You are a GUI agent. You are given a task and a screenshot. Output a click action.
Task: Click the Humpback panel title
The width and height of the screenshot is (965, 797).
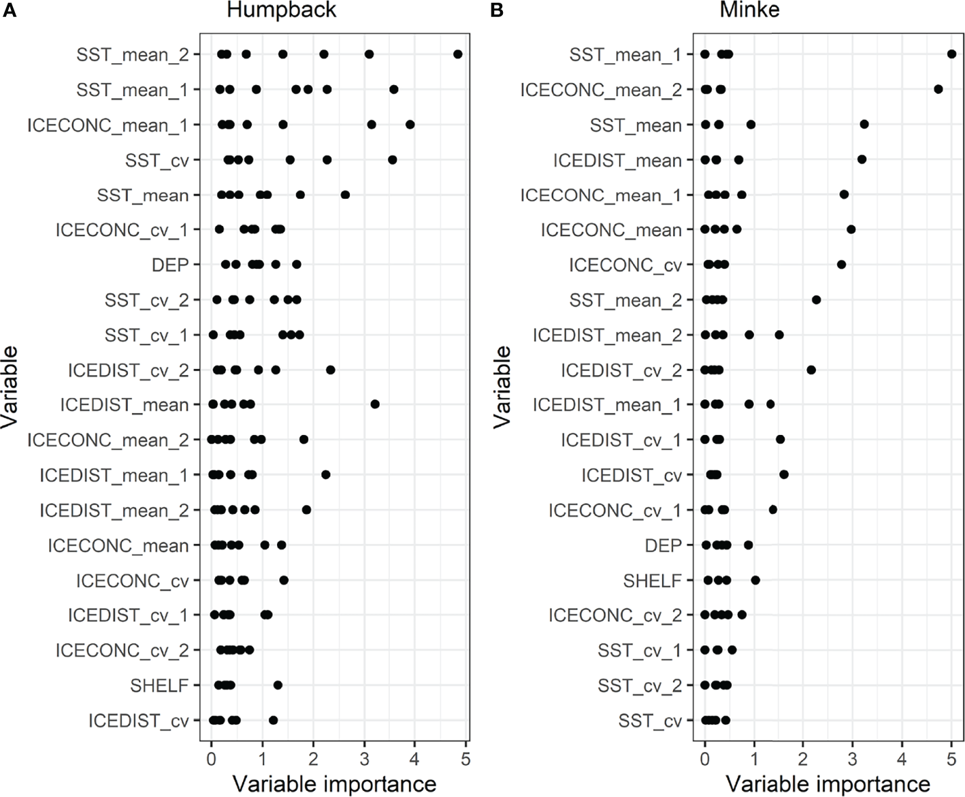281,11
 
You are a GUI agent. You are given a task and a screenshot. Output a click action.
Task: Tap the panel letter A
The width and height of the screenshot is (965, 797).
9,10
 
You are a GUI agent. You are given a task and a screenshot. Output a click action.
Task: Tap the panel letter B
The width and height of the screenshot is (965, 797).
497,10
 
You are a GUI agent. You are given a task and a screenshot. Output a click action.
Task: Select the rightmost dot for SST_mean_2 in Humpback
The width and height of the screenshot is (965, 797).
458,54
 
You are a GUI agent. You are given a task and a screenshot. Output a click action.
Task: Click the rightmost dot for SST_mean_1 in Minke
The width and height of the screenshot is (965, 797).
951,54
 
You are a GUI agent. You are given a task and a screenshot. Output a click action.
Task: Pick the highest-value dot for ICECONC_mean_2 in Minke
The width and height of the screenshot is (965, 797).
938,89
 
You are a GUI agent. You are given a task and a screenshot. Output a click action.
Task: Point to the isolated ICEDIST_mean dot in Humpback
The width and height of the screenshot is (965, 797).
375,404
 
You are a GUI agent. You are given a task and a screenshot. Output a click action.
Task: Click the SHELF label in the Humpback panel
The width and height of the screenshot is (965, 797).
159,685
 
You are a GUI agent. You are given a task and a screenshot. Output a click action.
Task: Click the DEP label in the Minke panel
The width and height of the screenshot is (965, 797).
663,545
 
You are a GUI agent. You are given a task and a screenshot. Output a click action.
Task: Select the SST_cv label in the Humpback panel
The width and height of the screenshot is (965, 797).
157,161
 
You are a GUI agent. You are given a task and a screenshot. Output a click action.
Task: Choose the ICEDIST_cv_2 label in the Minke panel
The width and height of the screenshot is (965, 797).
621,370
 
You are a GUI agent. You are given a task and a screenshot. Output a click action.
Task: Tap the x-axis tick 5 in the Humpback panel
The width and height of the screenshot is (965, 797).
465,757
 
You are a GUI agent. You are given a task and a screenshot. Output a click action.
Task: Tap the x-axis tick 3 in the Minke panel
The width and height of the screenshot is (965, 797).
853,757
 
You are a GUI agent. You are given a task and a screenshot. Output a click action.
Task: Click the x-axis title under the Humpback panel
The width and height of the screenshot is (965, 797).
334,783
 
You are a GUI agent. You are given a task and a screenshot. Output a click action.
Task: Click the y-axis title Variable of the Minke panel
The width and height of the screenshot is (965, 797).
502,387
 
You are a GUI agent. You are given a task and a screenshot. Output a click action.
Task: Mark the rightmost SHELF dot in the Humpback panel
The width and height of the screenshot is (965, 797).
278,685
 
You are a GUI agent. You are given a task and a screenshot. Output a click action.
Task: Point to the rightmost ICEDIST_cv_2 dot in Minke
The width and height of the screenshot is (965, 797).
811,370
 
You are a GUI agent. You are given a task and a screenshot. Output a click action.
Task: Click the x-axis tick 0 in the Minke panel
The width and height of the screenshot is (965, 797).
704,757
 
